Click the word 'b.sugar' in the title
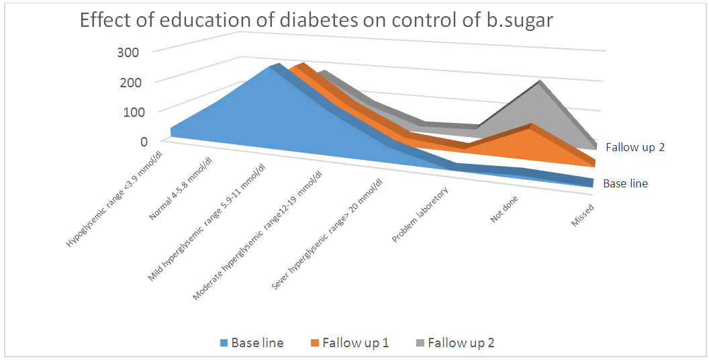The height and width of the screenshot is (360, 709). pos(520,21)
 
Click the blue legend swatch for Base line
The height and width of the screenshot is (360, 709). pos(224,343)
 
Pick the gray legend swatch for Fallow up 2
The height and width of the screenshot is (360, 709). pos(420,343)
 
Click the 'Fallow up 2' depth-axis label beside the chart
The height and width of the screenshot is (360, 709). pos(634,147)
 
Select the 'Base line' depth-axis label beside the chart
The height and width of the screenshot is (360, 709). pos(625,183)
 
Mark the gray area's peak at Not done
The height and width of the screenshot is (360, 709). pos(539,82)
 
